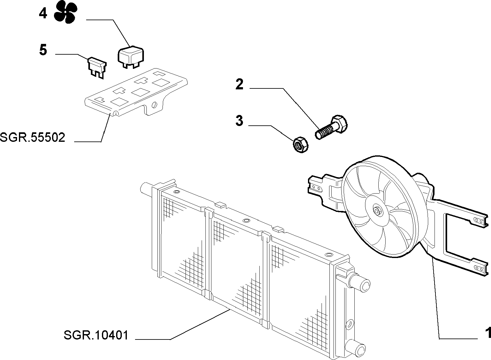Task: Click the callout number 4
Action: (x=43, y=14)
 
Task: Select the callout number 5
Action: (x=43, y=50)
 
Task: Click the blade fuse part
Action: (x=97, y=68)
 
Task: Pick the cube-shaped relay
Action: (x=131, y=57)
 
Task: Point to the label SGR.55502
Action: (x=33, y=138)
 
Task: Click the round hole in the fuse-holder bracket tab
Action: (x=155, y=105)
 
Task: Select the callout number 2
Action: (x=240, y=84)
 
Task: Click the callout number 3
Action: (x=240, y=121)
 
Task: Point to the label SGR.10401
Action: (x=96, y=335)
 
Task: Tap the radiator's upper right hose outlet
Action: (x=360, y=285)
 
